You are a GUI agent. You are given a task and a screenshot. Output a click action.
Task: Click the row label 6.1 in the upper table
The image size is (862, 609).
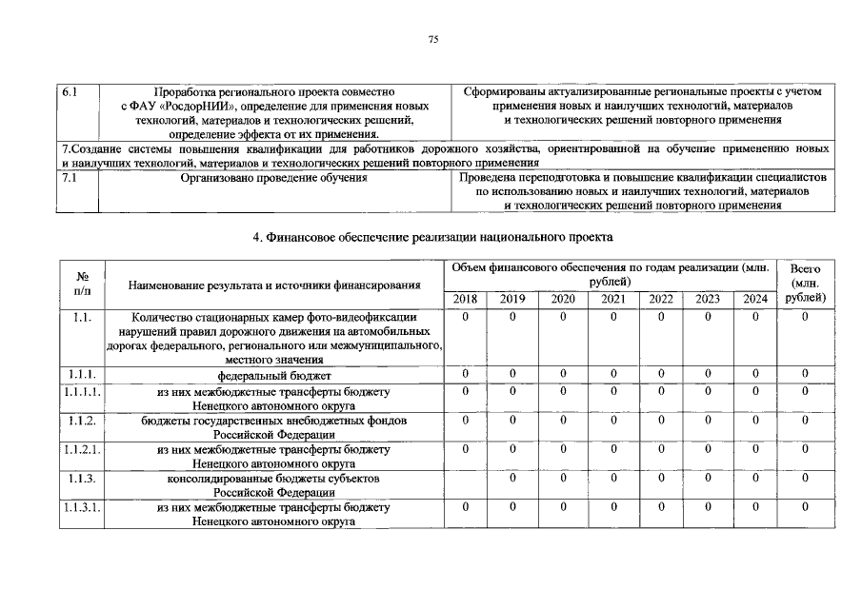pyautogui.click(x=69, y=92)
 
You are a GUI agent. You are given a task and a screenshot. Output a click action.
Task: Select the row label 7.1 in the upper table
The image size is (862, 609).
pyautogui.click(x=69, y=178)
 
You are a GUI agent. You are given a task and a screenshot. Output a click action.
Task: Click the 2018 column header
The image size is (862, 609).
pyautogui.click(x=466, y=299)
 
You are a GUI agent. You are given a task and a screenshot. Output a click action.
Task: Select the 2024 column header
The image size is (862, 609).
pyautogui.click(x=755, y=299)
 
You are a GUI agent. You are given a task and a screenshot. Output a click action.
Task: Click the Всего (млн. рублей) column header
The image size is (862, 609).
pyautogui.click(x=805, y=284)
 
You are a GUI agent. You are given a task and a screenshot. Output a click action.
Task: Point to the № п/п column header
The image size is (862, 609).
pyautogui.click(x=81, y=284)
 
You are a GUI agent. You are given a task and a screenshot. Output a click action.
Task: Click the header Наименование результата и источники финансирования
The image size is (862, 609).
pyautogui.click(x=274, y=285)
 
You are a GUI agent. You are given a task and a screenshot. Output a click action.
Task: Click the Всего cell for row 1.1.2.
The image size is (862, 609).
pyautogui.click(x=805, y=420)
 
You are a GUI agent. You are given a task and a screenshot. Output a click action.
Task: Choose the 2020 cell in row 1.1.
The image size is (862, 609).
pyautogui.click(x=563, y=317)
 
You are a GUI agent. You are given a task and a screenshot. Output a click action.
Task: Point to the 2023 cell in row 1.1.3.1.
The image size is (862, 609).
pyautogui.click(x=708, y=508)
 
